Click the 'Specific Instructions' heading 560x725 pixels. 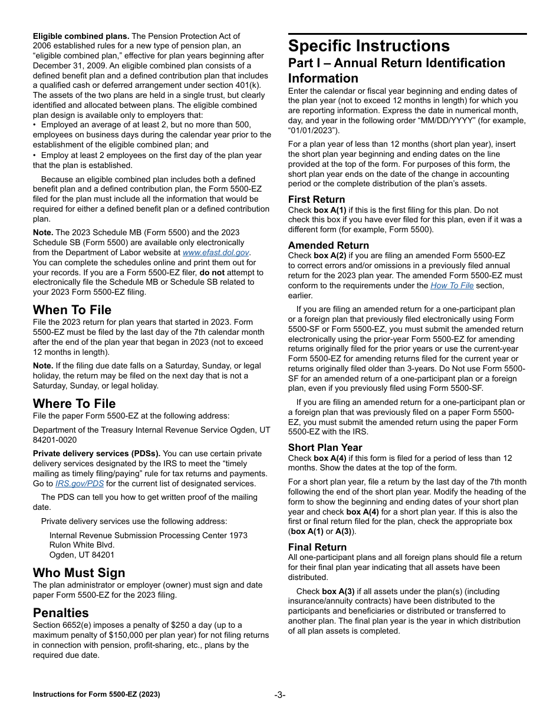point(368,46)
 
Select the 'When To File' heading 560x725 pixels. point(72,310)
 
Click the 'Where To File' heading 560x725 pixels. point(74,404)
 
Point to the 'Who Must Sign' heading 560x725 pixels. point(79,573)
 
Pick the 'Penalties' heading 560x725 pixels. point(61,613)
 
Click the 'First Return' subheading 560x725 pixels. point(317,199)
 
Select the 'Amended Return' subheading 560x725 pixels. point(328,245)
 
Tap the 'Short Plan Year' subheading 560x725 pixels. point(325,447)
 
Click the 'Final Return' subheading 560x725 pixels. point(317,547)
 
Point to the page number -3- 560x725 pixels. point(280,695)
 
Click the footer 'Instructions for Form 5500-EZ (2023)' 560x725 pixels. point(96,694)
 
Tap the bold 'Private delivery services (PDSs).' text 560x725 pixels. point(97,454)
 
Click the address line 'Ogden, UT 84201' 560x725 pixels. point(82,555)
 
